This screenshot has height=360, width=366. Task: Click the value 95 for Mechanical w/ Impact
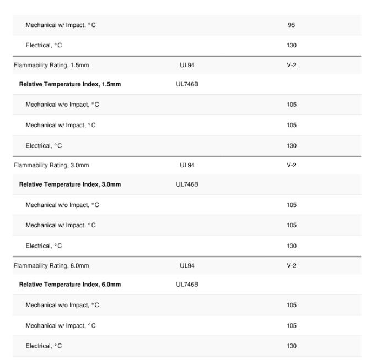[292, 25]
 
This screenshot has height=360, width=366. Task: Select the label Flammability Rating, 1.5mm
[51, 66]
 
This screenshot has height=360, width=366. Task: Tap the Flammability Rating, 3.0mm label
[51, 166]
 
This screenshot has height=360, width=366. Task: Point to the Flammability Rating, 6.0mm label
[51, 266]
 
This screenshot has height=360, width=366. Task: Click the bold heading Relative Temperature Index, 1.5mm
[70, 85]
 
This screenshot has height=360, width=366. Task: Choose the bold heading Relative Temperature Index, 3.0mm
[70, 184]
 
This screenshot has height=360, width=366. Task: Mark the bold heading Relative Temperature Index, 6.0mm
[70, 285]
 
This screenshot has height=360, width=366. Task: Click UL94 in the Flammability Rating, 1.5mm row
[187, 66]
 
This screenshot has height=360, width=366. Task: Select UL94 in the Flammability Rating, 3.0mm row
[187, 166]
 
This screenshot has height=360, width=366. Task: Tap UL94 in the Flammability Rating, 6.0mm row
[187, 266]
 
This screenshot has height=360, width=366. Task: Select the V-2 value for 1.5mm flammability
[292, 66]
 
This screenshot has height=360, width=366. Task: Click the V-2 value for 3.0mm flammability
[292, 166]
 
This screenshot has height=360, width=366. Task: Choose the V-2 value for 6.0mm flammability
[292, 266]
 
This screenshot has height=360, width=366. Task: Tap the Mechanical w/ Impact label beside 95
[61, 25]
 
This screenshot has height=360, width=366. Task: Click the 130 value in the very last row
[292, 346]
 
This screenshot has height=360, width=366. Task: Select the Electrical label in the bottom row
[44, 346]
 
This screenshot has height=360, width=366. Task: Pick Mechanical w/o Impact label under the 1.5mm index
[62, 105]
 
